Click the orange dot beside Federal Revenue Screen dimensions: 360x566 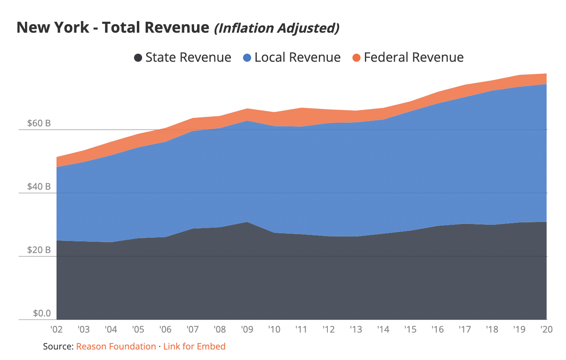pos(356,58)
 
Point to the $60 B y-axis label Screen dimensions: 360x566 pos(39,123)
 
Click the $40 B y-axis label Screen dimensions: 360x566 pos(39,186)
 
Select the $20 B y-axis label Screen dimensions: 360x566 pos(39,250)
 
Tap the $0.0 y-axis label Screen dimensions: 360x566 pos(42,313)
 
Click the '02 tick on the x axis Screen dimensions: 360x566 pos(57,329)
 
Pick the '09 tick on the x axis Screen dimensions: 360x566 pos(247,329)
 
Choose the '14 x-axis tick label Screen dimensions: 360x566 pos(383,329)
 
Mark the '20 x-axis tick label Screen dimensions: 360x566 pos(546,329)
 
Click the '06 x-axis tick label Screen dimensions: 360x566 pos(166,329)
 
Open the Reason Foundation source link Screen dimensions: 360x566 pos(116,346)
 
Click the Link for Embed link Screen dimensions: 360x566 pos(194,346)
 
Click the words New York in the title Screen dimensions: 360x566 pos(52,27)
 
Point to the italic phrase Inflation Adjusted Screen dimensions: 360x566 pos(277,28)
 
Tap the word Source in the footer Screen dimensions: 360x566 pos(57,346)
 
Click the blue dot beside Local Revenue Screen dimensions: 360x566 pos(247,58)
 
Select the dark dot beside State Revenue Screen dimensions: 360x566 pos(138,58)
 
